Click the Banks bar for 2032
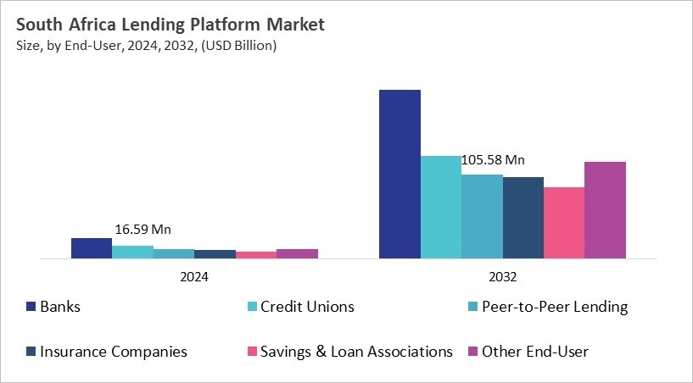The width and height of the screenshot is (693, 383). (x=400, y=174)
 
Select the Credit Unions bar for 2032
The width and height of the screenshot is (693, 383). (x=441, y=207)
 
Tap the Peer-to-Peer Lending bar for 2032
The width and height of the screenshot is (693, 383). (x=482, y=216)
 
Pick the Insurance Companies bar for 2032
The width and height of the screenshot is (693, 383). (x=523, y=218)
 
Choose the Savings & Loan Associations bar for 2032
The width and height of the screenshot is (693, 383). (x=564, y=223)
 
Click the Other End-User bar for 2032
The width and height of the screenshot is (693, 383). (x=605, y=210)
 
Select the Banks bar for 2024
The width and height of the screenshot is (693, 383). (x=92, y=248)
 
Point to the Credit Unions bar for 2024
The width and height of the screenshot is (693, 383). (x=132, y=252)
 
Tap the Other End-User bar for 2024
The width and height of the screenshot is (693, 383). (x=297, y=253)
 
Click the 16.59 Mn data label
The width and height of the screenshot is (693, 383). (x=143, y=230)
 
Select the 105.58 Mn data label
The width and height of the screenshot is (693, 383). (x=492, y=160)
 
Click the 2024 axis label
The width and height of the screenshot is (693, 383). (x=194, y=276)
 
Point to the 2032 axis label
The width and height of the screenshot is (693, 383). (x=502, y=276)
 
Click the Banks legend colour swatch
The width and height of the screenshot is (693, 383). (x=31, y=307)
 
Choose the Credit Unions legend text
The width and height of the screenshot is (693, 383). (x=307, y=307)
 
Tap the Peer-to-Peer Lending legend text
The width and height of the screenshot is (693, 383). (x=555, y=307)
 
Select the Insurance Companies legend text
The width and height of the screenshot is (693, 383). (x=114, y=352)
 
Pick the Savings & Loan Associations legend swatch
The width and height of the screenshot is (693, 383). (x=252, y=352)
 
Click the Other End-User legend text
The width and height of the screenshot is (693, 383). (x=535, y=352)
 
